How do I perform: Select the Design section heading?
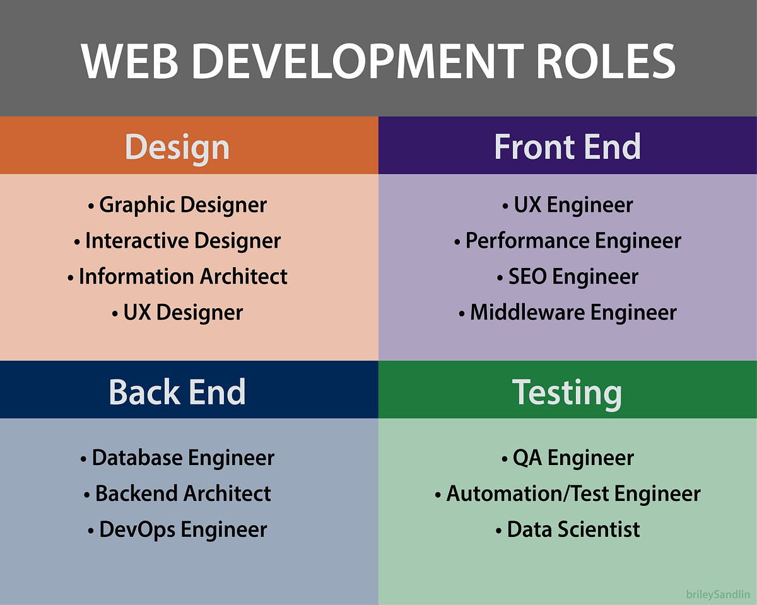(177, 146)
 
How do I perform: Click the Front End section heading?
(567, 146)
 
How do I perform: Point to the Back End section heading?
(177, 391)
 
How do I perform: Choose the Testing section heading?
(567, 391)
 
